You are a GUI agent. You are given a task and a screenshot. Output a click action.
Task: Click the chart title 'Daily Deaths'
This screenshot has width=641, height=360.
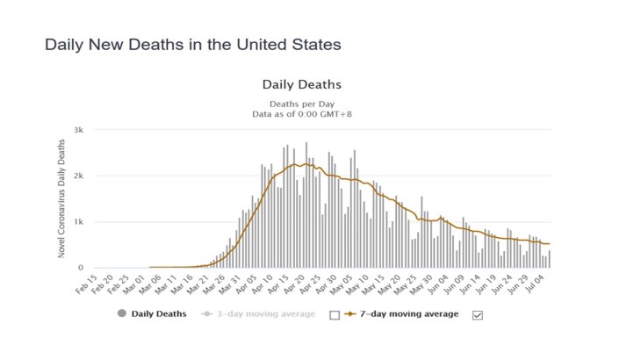[301, 85]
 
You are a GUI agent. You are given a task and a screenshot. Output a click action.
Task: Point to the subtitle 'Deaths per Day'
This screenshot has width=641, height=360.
[301, 103]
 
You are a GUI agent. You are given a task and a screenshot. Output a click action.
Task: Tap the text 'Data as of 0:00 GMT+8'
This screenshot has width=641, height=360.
[301, 113]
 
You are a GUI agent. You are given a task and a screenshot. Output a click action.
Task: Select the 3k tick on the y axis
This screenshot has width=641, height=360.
[78, 130]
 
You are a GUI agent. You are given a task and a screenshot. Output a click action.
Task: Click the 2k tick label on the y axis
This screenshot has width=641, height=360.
[78, 176]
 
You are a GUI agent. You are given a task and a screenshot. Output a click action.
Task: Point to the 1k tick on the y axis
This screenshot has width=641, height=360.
[78, 221]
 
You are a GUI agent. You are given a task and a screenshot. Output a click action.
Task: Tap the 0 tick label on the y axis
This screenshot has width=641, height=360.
[81, 267]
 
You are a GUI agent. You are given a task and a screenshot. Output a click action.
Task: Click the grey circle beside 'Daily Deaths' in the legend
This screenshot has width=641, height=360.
[122, 313]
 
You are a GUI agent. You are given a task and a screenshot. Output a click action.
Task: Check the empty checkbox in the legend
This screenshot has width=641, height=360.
[335, 314]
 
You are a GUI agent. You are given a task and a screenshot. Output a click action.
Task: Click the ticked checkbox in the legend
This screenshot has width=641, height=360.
[478, 314]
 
